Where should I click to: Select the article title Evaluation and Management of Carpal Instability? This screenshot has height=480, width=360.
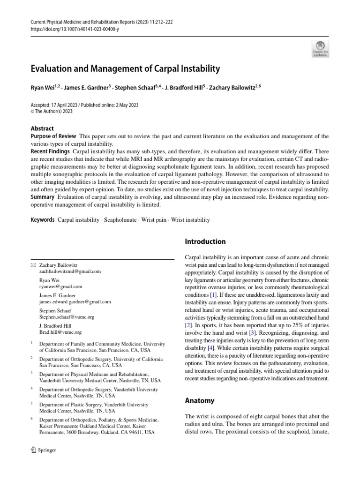125,69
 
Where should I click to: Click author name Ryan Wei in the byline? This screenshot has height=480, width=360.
43,87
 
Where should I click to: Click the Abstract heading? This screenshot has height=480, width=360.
42,128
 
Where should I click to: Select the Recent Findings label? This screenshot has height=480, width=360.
50,152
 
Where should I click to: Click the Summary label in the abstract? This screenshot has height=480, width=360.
43,197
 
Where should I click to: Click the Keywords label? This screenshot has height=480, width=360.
43,220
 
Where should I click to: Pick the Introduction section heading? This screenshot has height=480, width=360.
205,242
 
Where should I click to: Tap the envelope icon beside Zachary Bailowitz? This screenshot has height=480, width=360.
33,265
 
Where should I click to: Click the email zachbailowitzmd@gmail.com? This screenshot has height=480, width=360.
70,271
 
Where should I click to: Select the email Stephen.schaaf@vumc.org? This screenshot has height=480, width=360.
67,316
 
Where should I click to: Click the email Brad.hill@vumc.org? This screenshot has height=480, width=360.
60,332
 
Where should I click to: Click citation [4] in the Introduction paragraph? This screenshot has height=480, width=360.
212,348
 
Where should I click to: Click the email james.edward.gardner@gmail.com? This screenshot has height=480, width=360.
75,301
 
